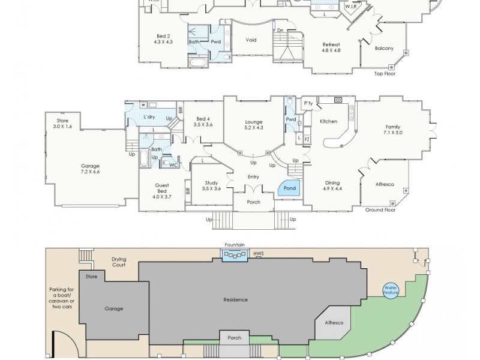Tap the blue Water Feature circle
tap(391, 290)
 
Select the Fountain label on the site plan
tap(235, 245)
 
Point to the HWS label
tap(259, 253)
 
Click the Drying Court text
tap(119, 262)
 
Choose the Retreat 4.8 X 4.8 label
tap(331, 47)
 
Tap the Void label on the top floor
tap(251, 40)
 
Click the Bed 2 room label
tap(163, 39)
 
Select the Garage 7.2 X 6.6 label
tap(90, 169)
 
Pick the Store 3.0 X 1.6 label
tap(62, 124)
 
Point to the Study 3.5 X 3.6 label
tap(211, 185)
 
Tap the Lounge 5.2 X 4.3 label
tap(253, 125)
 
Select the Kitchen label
tap(328, 121)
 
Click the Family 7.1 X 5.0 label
tap(393, 130)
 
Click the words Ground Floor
tap(380, 210)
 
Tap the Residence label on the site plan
tap(235, 299)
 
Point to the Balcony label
tap(384, 49)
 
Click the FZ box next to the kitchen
tap(307, 139)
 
